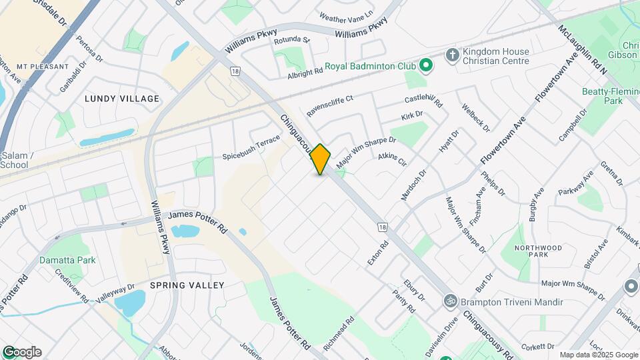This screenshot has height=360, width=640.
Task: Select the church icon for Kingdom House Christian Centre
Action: coord(452,54)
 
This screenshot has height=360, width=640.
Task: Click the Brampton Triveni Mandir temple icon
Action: coord(450,302)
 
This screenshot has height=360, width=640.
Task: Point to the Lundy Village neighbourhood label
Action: coord(122,99)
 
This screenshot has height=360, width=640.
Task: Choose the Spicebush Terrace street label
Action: coord(251,147)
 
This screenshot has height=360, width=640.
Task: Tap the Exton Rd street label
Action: coord(378,254)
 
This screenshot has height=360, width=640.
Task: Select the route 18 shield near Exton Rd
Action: coord(381,227)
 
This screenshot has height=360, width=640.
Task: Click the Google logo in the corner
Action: coord(22,352)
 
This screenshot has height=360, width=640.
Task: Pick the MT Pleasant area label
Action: coord(43,67)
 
